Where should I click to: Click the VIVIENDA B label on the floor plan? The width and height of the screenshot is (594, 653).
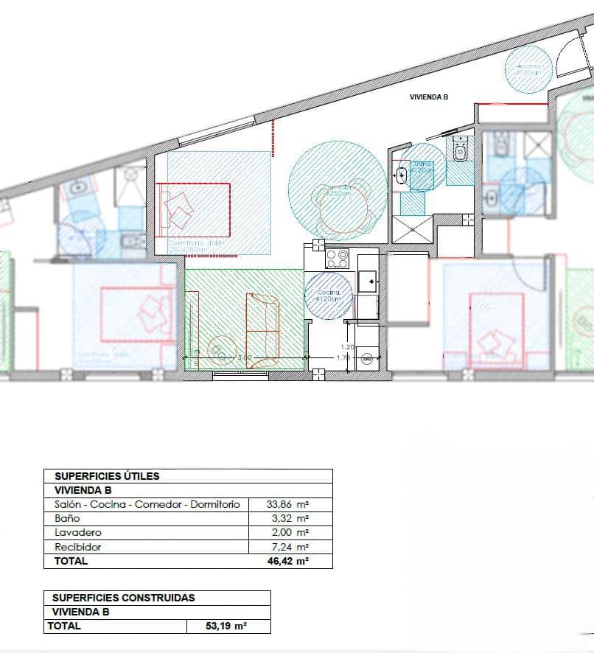click(429, 97)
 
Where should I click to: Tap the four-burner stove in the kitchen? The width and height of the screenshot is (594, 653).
click(338, 259)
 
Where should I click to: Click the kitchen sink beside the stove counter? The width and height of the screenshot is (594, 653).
click(367, 280)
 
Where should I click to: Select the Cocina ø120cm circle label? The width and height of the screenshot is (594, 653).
click(329, 296)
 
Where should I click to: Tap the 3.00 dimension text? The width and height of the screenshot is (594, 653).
click(245, 357)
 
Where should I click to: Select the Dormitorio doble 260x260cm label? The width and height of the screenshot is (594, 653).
click(195, 246)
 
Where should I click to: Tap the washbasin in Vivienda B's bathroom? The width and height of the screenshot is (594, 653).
click(402, 175)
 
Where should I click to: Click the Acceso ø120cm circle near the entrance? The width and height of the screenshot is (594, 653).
click(528, 69)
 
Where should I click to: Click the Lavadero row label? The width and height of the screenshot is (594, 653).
click(78, 532)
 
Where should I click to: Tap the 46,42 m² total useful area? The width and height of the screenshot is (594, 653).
click(287, 561)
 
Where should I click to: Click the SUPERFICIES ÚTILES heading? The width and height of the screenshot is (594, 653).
click(108, 476)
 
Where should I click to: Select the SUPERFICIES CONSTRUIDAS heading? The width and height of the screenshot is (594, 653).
click(124, 598)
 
